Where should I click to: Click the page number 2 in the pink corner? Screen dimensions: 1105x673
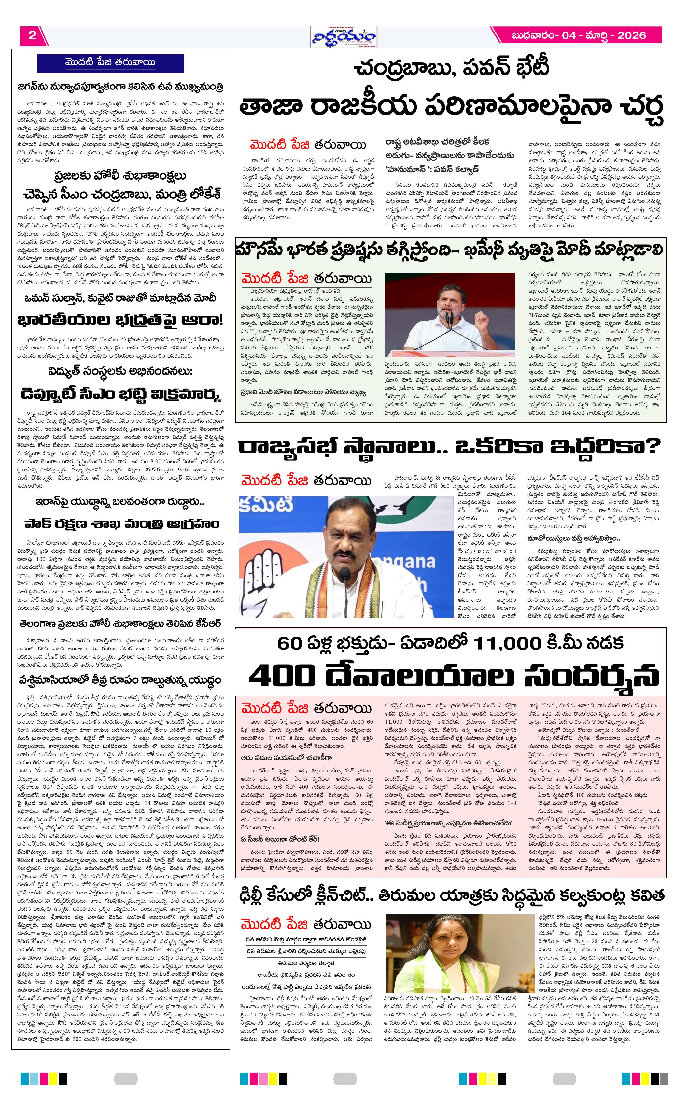click(x=32, y=35)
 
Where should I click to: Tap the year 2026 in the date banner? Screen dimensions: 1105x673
click(x=632, y=35)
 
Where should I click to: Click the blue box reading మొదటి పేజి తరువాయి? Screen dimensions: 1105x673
click(x=110, y=62)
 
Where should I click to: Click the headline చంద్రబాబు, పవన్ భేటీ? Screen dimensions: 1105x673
click(x=451, y=70)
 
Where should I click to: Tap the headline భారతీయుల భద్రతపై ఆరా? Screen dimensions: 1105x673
click(x=120, y=320)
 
